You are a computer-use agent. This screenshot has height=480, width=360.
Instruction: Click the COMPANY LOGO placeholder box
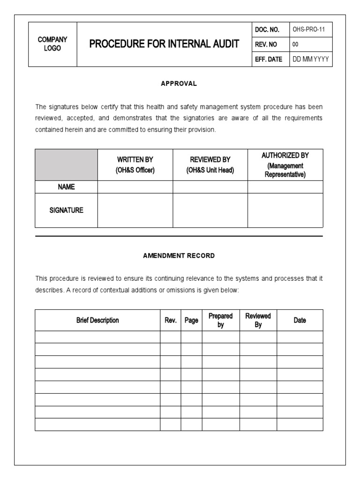pyautogui.click(x=52, y=44)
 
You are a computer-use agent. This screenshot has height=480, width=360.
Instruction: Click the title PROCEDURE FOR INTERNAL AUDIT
pyautogui.click(x=164, y=44)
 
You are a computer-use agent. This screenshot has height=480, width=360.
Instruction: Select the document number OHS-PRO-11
pyautogui.click(x=309, y=30)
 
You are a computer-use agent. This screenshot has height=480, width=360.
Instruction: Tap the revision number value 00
pyautogui.click(x=295, y=45)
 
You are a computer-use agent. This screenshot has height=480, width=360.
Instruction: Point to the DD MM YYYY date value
pyautogui.click(x=310, y=60)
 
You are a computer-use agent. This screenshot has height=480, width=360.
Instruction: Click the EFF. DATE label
pyautogui.click(x=269, y=60)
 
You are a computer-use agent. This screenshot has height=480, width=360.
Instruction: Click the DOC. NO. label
pyautogui.click(x=267, y=30)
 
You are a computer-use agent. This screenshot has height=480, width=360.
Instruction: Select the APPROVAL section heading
pyautogui.click(x=179, y=83)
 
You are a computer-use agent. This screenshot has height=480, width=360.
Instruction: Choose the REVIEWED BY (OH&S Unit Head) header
pyautogui.click(x=210, y=165)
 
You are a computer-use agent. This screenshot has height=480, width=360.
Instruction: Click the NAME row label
pyautogui.click(x=66, y=187)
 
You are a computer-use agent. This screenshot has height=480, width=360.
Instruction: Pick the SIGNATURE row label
pyautogui.click(x=66, y=210)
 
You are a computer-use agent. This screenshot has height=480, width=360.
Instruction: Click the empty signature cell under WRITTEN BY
pyautogui.click(x=135, y=210)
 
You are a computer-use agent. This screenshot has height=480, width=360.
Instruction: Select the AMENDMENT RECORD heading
pyautogui.click(x=179, y=256)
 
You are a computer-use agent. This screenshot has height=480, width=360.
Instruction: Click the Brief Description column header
pyautogui.click(x=97, y=320)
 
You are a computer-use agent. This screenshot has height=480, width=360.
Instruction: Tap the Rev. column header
pyautogui.click(x=171, y=321)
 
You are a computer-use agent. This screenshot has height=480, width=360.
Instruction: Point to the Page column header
pyautogui.click(x=191, y=321)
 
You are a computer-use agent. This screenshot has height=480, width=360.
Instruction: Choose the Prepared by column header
pyautogui.click(x=221, y=320)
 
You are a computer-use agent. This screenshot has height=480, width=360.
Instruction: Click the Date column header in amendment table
pyautogui.click(x=300, y=321)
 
